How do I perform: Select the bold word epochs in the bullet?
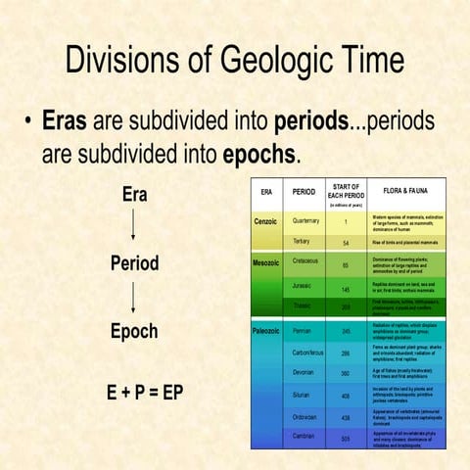tap(257, 155)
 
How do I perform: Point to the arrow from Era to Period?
tap(134, 228)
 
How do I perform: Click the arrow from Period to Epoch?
tap(134, 297)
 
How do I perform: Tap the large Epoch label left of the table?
tap(134, 331)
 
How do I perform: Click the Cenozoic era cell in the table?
tap(266, 221)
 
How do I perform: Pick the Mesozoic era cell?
tap(266, 262)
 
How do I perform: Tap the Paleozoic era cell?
tap(267, 331)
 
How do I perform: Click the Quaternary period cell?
tap(305, 221)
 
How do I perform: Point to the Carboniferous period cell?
tap(308, 352)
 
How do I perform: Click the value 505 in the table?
tap(346, 439)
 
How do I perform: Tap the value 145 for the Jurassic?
tap(346, 289)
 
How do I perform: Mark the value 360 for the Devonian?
tap(346, 373)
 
